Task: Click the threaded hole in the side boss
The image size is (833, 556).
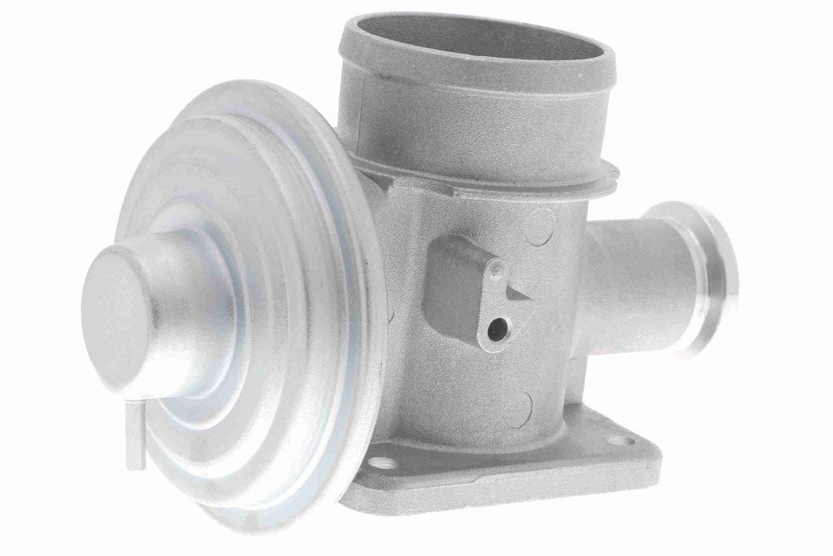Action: tap(498, 329)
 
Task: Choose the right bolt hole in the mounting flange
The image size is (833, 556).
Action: tap(621, 440)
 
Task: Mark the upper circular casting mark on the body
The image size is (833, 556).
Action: tap(539, 228)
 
